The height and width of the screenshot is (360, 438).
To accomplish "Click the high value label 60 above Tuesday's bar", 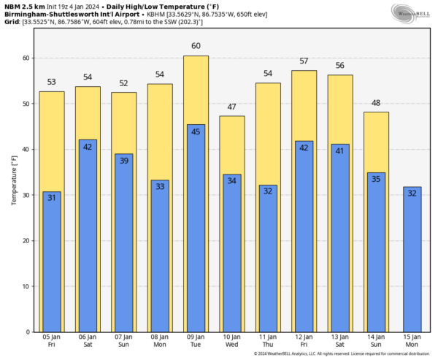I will (x=196, y=47).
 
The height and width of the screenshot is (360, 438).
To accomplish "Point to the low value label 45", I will (x=196, y=132).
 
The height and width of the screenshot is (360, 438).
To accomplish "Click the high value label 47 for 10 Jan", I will (x=231, y=107).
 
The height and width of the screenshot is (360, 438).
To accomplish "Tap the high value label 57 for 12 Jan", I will (x=304, y=61).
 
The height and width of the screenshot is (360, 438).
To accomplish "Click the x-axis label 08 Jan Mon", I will (x=160, y=341).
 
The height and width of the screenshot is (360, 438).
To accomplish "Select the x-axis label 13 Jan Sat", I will (x=339, y=341).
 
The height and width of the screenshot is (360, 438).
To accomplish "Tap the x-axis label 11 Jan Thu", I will (x=268, y=341).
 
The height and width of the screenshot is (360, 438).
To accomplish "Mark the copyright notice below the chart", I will (x=339, y=354).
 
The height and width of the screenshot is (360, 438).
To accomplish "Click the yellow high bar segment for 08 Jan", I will (x=160, y=131).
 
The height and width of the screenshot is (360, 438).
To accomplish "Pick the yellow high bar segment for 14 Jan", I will (x=376, y=142).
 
